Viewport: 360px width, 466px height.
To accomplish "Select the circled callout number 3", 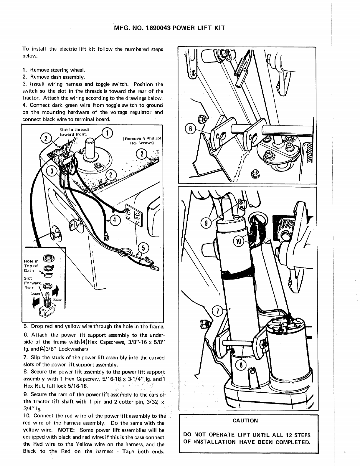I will [x=52, y=171].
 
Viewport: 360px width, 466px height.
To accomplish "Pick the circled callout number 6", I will [x=191, y=129].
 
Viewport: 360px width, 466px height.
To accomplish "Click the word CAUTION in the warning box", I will [x=245, y=421].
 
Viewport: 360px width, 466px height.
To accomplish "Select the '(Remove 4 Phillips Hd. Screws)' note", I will [x=142, y=141].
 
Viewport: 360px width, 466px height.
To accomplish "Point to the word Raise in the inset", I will [x=57, y=300].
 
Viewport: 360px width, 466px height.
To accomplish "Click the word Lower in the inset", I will [x=35, y=294].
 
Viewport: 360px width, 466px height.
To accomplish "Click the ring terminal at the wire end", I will [x=105, y=235].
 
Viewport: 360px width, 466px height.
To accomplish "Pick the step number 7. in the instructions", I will [x=25, y=358].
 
